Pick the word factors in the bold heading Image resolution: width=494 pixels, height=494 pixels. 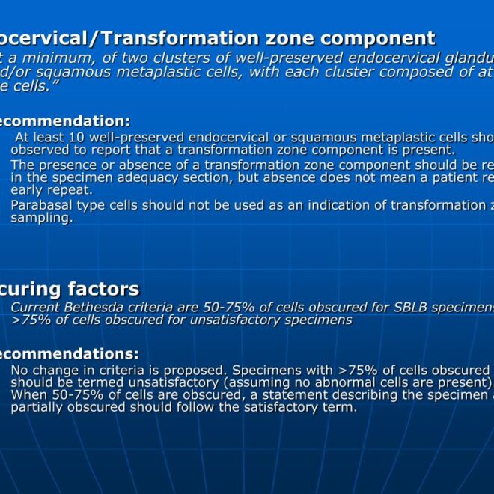[x=103, y=289]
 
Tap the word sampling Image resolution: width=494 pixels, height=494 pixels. [x=41, y=218]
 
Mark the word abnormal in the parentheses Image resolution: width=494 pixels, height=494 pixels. [x=323, y=382]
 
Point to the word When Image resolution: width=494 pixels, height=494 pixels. [x=28, y=395]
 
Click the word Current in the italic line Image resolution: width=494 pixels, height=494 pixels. [x=35, y=308]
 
